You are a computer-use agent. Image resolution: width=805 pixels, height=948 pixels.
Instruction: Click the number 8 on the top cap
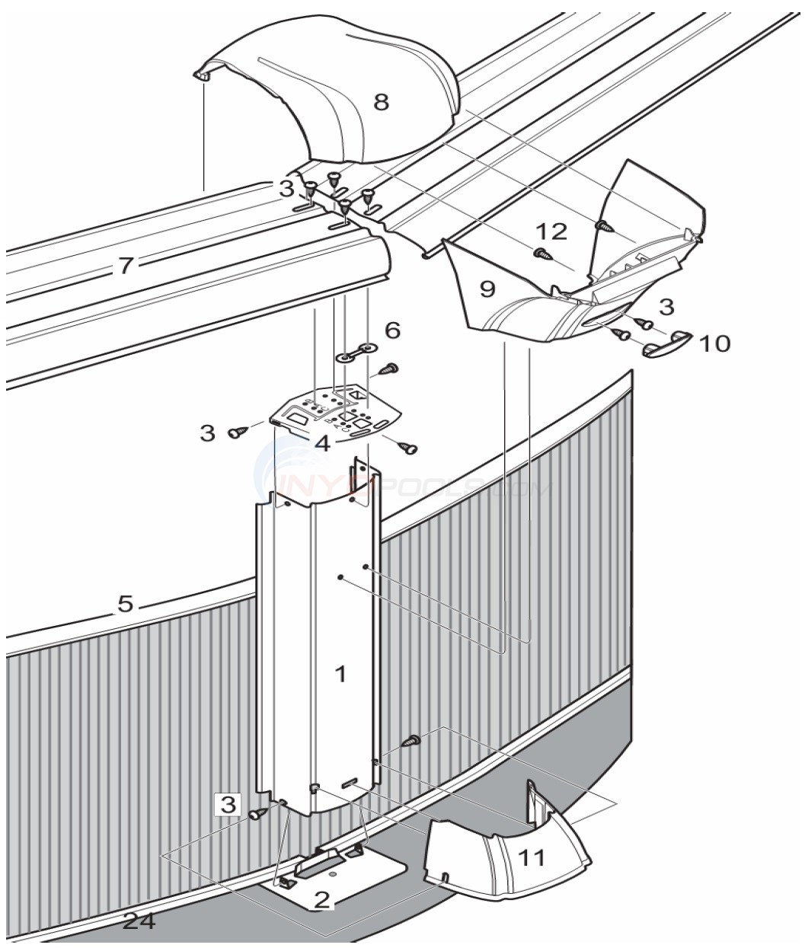click(x=381, y=101)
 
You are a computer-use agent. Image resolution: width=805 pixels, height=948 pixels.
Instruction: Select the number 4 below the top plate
click(x=323, y=443)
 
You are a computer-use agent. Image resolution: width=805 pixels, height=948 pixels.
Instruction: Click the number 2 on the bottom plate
click(x=322, y=901)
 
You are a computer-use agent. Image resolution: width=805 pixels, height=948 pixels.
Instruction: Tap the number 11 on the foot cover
click(x=532, y=858)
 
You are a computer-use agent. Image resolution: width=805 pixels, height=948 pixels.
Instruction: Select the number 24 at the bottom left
click(x=139, y=921)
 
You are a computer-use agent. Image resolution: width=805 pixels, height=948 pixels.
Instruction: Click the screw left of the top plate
click(x=236, y=433)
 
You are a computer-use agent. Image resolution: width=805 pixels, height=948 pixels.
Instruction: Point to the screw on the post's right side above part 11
click(x=411, y=739)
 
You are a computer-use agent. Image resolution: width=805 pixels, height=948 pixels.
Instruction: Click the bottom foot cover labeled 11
click(x=495, y=860)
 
